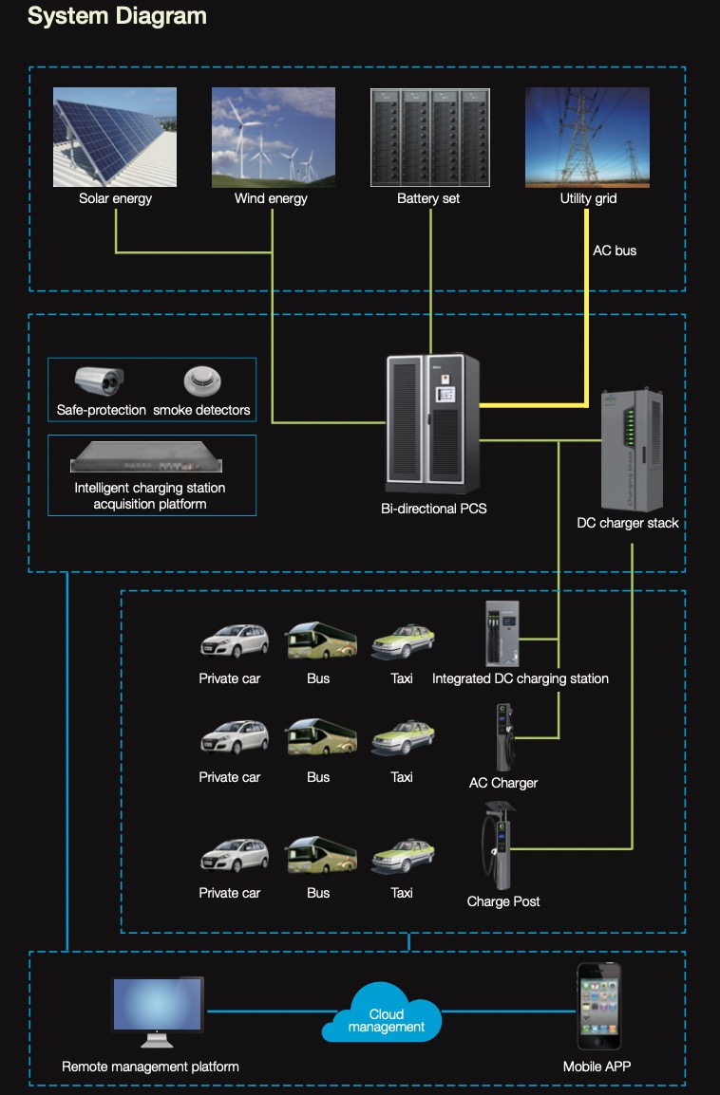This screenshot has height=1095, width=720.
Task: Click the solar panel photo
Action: pos(114,138)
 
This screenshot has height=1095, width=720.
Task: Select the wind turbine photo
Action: pos(273,138)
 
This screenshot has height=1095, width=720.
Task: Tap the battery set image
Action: pos(429,138)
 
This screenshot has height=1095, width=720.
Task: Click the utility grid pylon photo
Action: pos(587,138)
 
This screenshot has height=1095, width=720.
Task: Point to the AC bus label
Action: pos(615,251)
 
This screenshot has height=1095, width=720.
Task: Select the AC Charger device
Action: pos(503,738)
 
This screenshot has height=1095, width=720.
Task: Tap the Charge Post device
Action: pos(497,845)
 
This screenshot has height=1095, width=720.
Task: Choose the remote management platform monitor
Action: pos(157,1006)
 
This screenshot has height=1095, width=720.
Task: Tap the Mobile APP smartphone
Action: pos(598,1006)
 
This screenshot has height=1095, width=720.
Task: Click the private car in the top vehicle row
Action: pos(233,641)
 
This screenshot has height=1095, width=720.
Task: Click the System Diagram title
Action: pos(117,16)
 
